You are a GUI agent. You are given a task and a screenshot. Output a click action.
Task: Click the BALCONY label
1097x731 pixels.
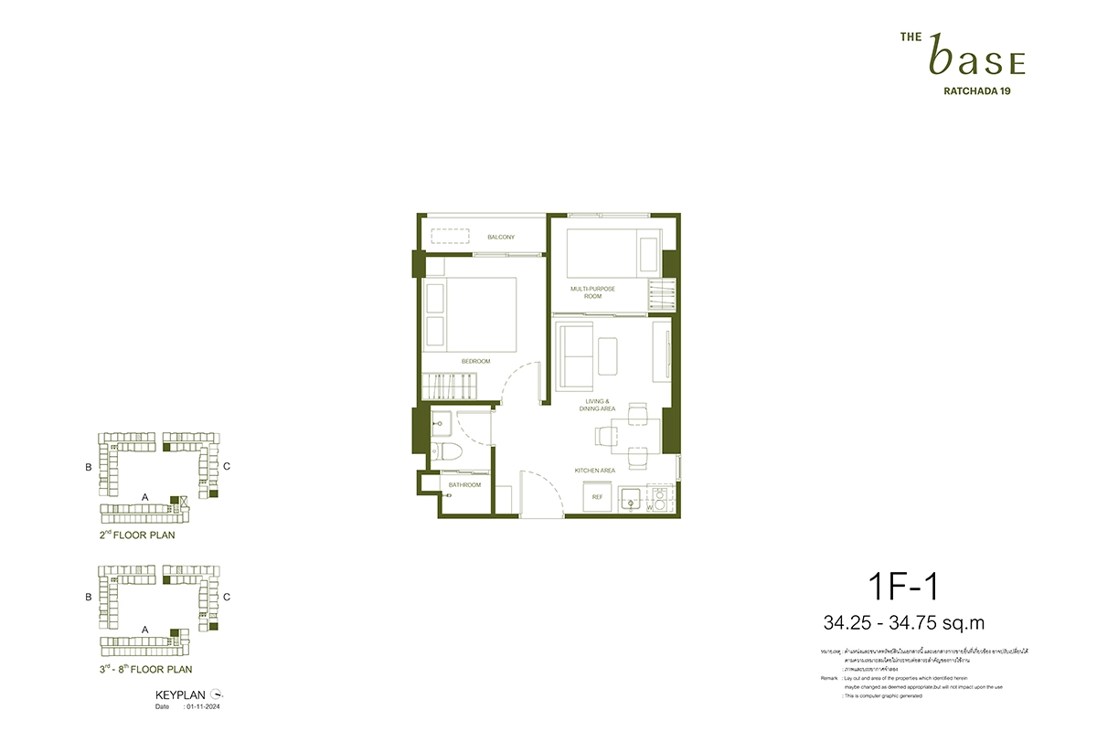[x=500, y=238]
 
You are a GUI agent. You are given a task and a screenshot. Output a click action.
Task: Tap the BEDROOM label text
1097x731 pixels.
[x=475, y=362]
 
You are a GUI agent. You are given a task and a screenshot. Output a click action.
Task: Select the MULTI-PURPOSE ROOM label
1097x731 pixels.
[x=592, y=292]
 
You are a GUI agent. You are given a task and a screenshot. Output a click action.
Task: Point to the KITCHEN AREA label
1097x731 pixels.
[x=594, y=471]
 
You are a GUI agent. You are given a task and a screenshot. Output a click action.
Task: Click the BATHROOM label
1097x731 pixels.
[x=464, y=485]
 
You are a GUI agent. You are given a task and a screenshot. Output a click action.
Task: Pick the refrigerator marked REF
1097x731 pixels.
[x=597, y=497]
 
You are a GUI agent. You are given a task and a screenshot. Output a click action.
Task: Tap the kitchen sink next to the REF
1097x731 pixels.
[x=630, y=499]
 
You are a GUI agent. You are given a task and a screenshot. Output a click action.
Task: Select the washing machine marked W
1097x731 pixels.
[x=660, y=500]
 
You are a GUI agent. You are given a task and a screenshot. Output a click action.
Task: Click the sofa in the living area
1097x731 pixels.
[x=573, y=354]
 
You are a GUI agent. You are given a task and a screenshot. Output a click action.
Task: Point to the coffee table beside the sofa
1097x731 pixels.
[x=608, y=354]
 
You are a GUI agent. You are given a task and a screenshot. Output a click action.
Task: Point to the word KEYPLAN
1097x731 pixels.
[x=178, y=695]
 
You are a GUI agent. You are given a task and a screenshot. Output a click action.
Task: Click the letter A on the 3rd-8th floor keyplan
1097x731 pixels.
[x=145, y=630]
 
